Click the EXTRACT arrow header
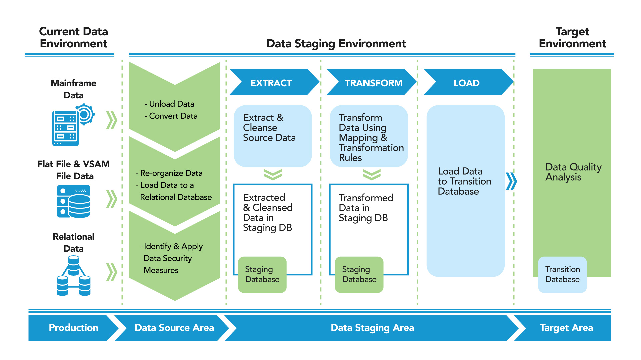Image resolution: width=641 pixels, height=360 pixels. click(271, 83)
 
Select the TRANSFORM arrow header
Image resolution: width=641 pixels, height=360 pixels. click(373, 83)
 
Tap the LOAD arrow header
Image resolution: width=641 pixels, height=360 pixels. click(466, 83)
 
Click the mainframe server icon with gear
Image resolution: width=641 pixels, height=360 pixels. click(73, 125)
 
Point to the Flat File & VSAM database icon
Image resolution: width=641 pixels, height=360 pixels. click(74, 201)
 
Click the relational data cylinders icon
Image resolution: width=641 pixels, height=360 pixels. click(74, 276)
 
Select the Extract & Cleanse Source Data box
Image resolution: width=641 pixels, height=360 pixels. click(273, 136)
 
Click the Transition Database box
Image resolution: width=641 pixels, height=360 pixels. click(562, 274)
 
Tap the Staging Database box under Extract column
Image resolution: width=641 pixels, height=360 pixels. click(262, 274)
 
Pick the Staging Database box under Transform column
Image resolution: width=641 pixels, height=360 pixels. click(359, 274)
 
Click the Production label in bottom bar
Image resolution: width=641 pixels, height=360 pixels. click(73, 328)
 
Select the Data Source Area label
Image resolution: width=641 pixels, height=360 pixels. click(174, 328)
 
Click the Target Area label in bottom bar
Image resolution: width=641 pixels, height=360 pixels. click(566, 328)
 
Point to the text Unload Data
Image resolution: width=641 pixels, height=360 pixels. click(171, 104)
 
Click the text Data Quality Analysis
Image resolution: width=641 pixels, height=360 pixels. click(573, 172)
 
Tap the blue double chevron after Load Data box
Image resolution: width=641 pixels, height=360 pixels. click(511, 181)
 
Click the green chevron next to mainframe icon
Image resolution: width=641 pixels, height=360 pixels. click(112, 120)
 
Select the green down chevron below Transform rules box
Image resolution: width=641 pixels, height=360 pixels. click(371, 174)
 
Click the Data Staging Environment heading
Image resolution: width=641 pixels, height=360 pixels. click(336, 44)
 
